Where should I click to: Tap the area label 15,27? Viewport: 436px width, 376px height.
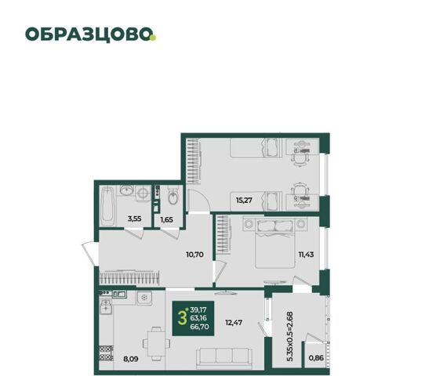pyautogui.click(x=244, y=200)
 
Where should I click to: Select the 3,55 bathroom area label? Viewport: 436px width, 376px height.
pyautogui.click(x=135, y=219)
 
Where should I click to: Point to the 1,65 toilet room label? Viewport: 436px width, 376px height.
pyautogui.click(x=166, y=219)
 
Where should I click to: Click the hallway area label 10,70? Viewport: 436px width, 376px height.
pyautogui.click(x=194, y=254)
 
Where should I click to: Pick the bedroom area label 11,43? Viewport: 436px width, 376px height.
pyautogui.click(x=306, y=254)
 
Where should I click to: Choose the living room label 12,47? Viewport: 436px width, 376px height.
pyautogui.click(x=234, y=323)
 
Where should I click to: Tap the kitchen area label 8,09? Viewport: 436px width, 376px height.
pyautogui.click(x=131, y=359)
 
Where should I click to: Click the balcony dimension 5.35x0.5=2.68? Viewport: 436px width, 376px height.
pyautogui.click(x=289, y=336)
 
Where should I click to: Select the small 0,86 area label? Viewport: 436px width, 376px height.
pyautogui.click(x=316, y=358)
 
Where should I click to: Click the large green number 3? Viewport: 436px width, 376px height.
pyautogui.click(x=182, y=318)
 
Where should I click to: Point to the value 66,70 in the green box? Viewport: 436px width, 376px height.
pyautogui.click(x=199, y=327)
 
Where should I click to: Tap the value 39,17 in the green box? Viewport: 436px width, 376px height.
pyautogui.click(x=198, y=309)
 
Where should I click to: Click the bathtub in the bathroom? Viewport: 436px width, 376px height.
pyautogui.click(x=107, y=206)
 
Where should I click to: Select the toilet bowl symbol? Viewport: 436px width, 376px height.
pyautogui.click(x=173, y=197)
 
